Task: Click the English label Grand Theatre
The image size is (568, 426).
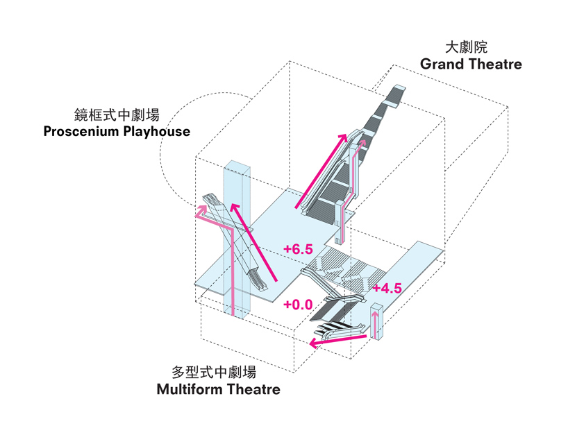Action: [x=471, y=65]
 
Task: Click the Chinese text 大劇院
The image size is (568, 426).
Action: [x=466, y=48]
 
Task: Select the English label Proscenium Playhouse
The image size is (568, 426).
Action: [x=117, y=131]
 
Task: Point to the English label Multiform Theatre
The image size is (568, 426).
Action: [x=218, y=389]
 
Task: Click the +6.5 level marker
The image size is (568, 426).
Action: [x=299, y=248]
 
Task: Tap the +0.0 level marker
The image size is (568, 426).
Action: [x=299, y=304]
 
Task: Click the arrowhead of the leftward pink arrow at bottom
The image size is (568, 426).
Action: [x=313, y=343]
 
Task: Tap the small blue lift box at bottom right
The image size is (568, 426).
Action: [x=378, y=323]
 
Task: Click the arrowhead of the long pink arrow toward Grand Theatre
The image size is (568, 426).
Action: [x=343, y=137]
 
